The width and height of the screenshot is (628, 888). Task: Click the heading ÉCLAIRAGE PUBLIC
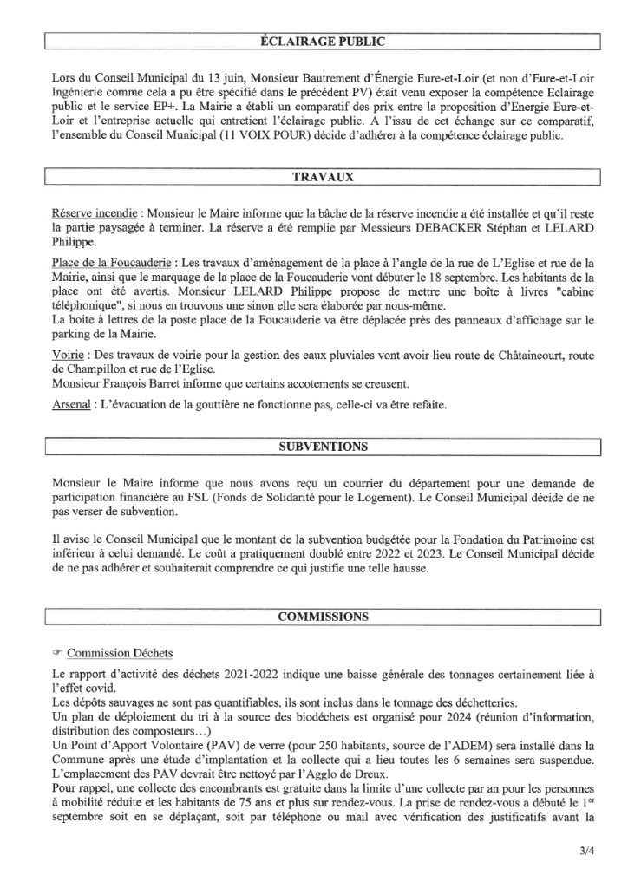[x=322, y=40]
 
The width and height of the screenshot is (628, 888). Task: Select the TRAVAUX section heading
[x=322, y=177]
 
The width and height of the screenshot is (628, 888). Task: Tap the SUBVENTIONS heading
[x=322, y=447]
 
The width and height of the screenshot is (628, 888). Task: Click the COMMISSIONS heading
[x=322, y=617]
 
